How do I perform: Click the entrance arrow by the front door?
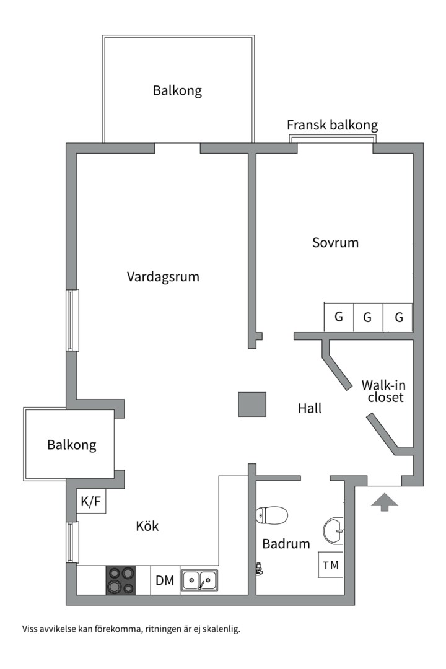coord(385,502)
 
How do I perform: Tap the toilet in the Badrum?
coord(273,515)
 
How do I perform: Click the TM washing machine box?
coord(331,565)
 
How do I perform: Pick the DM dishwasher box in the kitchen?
coord(165,580)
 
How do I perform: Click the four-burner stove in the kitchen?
coord(121,580)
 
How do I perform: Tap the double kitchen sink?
coord(199,580)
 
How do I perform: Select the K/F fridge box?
coord(90,502)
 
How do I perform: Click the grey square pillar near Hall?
coord(252,404)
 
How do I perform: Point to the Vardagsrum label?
coord(163,277)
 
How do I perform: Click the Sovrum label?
coord(335,243)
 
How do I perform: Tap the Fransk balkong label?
coord(332,125)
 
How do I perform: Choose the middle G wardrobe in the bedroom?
coord(367,318)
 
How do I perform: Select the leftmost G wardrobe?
coord(338,318)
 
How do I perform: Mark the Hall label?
coord(310,409)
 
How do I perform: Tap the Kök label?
coord(147,527)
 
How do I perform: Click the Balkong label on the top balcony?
coord(177,91)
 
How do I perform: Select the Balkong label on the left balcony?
coord(72,445)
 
